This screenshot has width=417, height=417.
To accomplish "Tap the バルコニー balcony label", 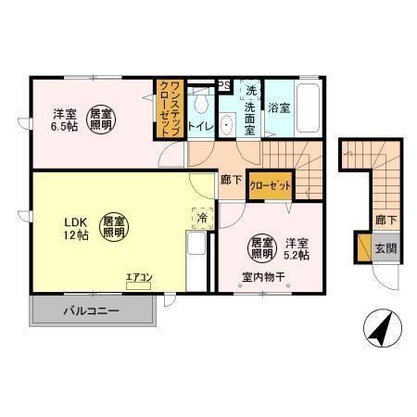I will (91, 310).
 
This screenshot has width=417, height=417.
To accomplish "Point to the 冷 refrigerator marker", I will (202, 218).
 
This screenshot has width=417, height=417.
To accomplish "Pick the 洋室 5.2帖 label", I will (297, 246).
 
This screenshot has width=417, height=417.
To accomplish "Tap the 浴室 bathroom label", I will (279, 108).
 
